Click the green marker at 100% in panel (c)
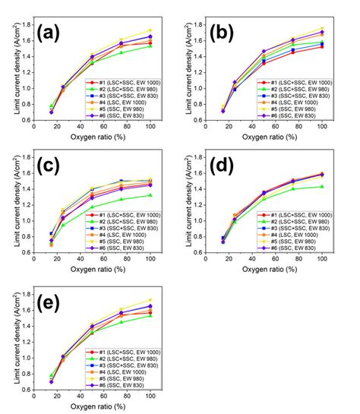coord(150,195)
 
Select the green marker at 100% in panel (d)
coord(322,186)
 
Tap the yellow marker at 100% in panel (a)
coord(150,31)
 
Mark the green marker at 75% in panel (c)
coord(121,199)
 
